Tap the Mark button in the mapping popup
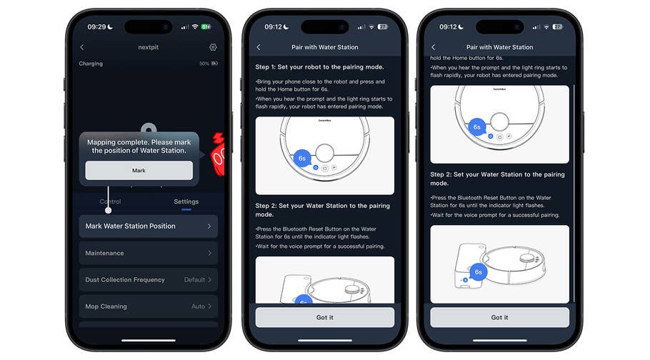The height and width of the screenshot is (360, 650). tap(139, 171)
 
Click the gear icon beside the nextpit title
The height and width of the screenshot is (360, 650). tap(213, 47)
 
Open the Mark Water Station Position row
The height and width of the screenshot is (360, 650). tap(148, 226)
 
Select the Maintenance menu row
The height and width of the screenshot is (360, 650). tap(148, 254)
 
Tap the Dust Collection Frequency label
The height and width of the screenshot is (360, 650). tap(125, 280)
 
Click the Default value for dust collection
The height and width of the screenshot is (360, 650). tap(194, 280)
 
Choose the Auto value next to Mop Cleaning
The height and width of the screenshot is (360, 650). tap(198, 306)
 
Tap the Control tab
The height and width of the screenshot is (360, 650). tap(110, 201)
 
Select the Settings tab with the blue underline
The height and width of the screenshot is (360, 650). tap(186, 201)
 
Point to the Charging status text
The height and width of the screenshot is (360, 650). tap(91, 64)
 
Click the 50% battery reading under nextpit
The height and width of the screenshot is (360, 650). tap(204, 64)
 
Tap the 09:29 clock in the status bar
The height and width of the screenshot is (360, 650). tap(96, 26)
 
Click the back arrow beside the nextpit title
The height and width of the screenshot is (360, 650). tap(81, 47)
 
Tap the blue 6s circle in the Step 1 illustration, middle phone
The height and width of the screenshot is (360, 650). tap(302, 158)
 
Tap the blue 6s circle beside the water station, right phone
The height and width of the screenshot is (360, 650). tap(479, 272)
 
